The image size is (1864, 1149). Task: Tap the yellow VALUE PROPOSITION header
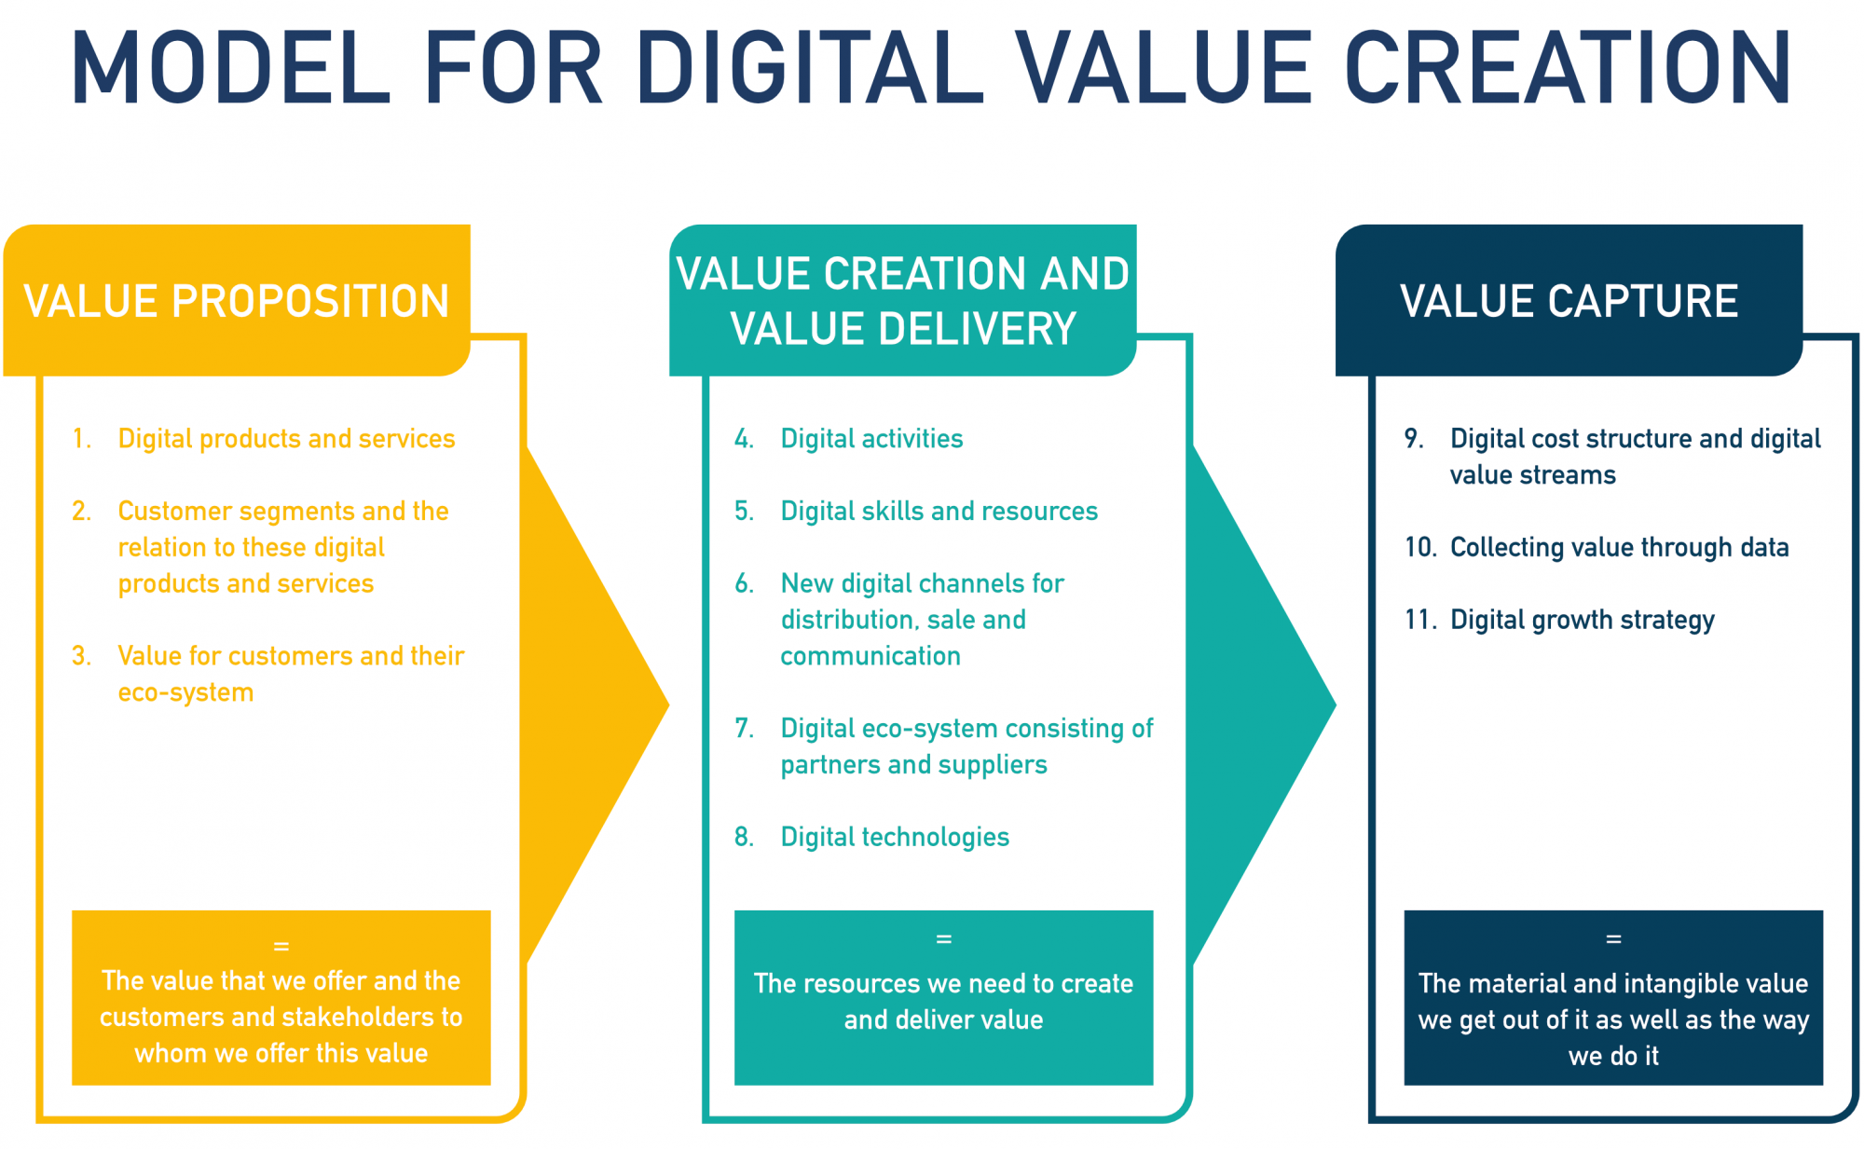pyautogui.click(x=237, y=300)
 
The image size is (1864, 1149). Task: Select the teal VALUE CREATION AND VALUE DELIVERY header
pyautogui.click(x=902, y=300)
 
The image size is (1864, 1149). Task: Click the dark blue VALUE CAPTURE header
pyautogui.click(x=1569, y=300)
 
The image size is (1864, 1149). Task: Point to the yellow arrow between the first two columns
pyautogui.click(x=596, y=705)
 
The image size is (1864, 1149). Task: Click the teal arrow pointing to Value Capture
pyautogui.click(x=1263, y=705)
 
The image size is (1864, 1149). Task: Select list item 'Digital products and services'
pyautogui.click(x=286, y=439)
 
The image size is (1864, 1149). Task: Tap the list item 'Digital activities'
pyautogui.click(x=871, y=439)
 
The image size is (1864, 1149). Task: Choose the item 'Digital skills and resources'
pyautogui.click(x=939, y=511)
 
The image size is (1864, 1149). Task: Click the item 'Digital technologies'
pyautogui.click(x=895, y=837)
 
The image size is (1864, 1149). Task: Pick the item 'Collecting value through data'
pyautogui.click(x=1620, y=547)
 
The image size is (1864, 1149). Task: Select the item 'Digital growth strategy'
pyautogui.click(x=1583, y=620)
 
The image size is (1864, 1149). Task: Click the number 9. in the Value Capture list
pyautogui.click(x=1414, y=439)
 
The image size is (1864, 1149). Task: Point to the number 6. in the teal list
pyautogui.click(x=744, y=583)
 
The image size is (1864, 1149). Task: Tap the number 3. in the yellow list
pyautogui.click(x=81, y=656)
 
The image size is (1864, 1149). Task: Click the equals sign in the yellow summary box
pyautogui.click(x=281, y=946)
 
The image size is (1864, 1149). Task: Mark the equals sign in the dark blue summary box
pyautogui.click(x=1613, y=939)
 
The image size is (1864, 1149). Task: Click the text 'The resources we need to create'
pyautogui.click(x=943, y=983)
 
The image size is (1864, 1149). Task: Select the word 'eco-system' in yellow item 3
pyautogui.click(x=185, y=692)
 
